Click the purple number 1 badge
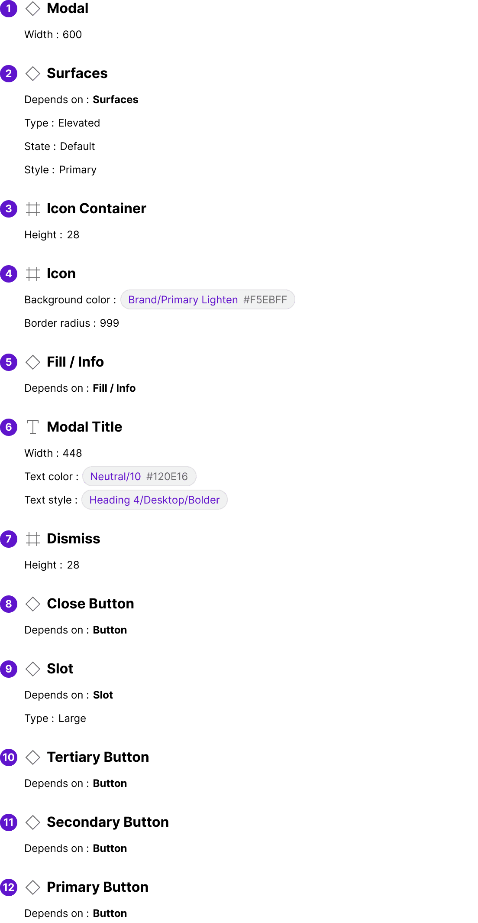coord(9,9)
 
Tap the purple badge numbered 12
coord(9,887)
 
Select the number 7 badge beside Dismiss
coord(9,539)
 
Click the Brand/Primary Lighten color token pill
coord(208,299)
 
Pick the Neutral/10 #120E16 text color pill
coord(139,476)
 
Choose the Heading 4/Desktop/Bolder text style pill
coord(155,500)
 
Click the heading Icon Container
coord(97,208)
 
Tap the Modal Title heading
coord(84,427)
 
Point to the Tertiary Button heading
coord(98,757)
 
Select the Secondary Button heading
coord(108,822)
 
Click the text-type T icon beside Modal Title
coord(33,427)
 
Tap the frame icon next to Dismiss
coord(33,539)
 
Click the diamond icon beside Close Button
coord(33,604)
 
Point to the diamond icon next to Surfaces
coord(33,73)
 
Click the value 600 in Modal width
coord(72,34)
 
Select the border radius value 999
coord(110,323)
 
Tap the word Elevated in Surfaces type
coord(79,123)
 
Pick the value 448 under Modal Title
coord(72,453)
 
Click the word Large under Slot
coord(72,718)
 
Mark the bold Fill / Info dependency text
coord(114,388)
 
